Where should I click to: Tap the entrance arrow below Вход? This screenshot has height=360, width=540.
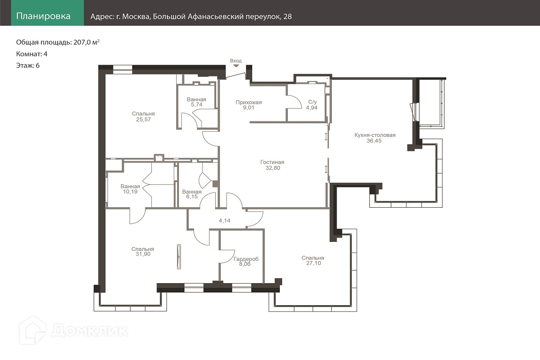click(x=236, y=66)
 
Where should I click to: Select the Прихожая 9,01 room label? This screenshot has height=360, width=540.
click(x=248, y=105)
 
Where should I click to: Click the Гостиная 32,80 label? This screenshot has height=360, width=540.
click(x=272, y=165)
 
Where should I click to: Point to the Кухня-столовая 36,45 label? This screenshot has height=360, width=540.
click(x=375, y=138)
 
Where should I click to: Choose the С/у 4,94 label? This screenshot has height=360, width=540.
click(x=312, y=105)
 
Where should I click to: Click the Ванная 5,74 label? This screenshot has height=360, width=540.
click(x=196, y=102)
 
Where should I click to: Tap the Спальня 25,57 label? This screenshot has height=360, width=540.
click(x=143, y=116)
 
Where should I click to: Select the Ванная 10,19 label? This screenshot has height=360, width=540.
click(x=130, y=189)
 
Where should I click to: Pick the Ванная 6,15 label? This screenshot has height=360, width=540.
click(x=192, y=194)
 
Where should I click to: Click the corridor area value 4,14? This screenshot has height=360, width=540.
click(x=225, y=220)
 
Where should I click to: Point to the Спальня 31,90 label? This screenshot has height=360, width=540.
click(x=142, y=251)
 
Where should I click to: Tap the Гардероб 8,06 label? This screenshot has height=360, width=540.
click(x=246, y=262)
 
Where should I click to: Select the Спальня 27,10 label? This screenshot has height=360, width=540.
click(x=313, y=261)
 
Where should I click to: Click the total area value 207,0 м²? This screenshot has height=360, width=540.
click(x=86, y=42)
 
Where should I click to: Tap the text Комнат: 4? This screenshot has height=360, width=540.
click(x=32, y=54)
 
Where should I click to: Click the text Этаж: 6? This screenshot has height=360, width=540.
click(x=28, y=66)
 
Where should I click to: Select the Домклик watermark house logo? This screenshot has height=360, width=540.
click(x=33, y=330)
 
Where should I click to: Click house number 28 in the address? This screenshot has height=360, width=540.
click(x=287, y=16)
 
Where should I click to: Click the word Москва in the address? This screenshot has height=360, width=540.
click(x=136, y=16)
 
